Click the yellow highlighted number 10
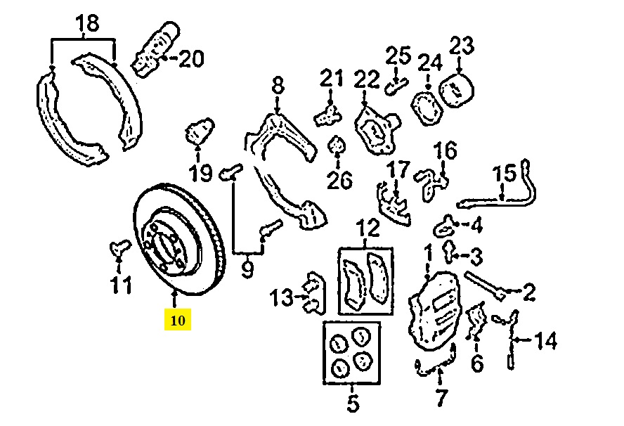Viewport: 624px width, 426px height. (x=178, y=320)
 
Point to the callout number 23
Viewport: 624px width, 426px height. (x=462, y=45)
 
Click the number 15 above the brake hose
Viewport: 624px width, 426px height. (x=505, y=174)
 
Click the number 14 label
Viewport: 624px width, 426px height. (x=546, y=341)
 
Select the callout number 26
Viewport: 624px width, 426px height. (x=339, y=180)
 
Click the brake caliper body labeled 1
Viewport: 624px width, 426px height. (x=434, y=311)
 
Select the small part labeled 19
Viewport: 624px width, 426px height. (x=199, y=131)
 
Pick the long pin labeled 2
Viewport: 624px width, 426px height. (x=485, y=285)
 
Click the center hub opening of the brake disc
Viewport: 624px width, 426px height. (x=167, y=246)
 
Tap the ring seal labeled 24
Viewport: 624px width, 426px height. (x=427, y=108)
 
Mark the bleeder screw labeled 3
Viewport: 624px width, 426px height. (x=449, y=251)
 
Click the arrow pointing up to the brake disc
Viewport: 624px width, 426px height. (x=174, y=299)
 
